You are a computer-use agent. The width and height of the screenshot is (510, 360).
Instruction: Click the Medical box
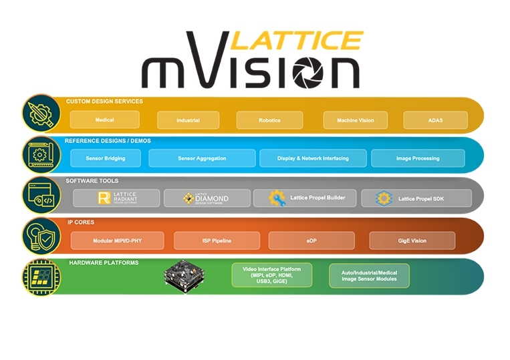[104, 120]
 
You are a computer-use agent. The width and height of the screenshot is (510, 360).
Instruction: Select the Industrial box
[188, 120]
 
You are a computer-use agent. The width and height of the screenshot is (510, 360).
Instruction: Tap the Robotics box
[269, 120]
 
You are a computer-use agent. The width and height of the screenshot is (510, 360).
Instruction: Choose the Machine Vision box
[356, 120]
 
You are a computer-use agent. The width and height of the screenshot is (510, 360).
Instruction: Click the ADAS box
[435, 120]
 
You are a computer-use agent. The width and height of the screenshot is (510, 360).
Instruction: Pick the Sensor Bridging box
[105, 158]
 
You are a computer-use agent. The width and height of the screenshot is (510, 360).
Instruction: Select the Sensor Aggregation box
[202, 158]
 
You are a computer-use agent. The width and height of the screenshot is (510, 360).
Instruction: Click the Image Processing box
[418, 158]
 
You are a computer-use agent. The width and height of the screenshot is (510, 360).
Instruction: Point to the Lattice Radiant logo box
[116, 198]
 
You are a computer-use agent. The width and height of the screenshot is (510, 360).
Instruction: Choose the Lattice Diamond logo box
[207, 198]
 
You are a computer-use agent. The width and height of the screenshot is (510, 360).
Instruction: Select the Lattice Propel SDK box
[416, 198]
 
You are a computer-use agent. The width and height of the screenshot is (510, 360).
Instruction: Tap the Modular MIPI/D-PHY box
[117, 240]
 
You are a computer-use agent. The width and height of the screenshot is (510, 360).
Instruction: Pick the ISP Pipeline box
[217, 240]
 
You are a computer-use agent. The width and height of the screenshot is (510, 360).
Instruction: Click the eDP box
[311, 240]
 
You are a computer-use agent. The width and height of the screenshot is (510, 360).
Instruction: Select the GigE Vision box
[412, 240]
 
